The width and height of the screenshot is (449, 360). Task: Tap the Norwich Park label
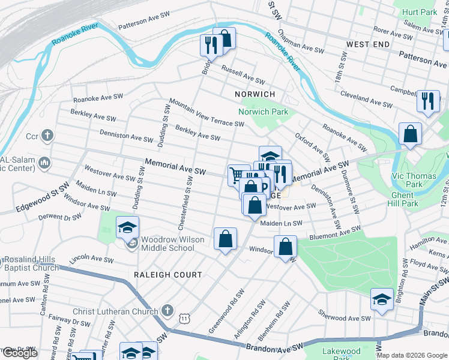coord(263,112)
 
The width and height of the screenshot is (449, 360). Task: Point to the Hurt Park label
coord(420,12)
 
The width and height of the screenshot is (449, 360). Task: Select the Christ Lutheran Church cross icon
coord(167,311)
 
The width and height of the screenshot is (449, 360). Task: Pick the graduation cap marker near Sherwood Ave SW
coord(382,299)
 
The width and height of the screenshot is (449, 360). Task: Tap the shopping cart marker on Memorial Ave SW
coord(238,176)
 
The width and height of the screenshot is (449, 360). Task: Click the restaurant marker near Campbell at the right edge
coord(428,101)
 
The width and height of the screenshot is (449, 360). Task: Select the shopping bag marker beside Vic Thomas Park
coord(410,134)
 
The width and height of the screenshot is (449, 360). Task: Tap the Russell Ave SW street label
coord(243,75)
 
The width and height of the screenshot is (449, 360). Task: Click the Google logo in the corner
coord(19,353)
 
